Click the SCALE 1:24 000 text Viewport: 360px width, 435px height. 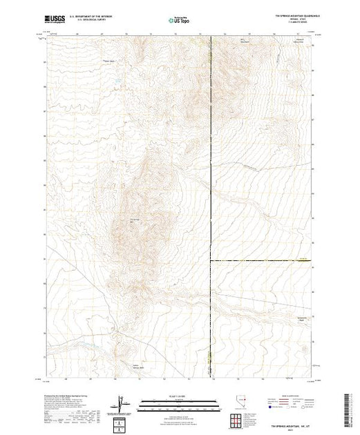pos(178,396)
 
